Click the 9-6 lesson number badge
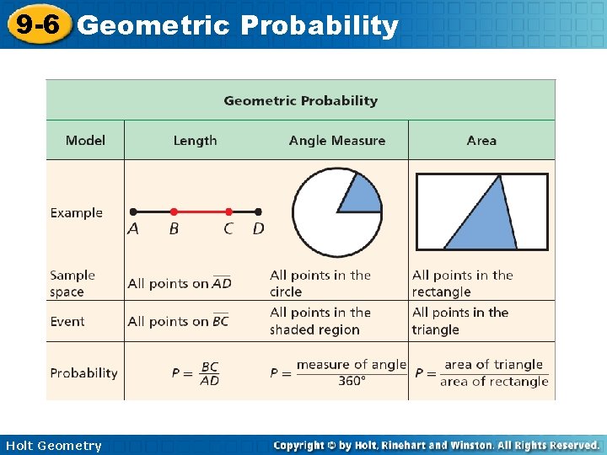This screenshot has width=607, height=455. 35,24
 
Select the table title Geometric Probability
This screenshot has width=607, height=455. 300,100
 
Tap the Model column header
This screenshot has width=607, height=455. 85,141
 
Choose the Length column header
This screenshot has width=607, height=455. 195,141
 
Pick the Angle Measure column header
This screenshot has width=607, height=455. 336,141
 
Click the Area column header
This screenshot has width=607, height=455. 481,141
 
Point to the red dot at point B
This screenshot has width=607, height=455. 174,211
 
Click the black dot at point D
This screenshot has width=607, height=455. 258,211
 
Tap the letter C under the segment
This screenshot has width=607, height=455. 228,229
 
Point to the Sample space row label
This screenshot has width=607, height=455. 73,283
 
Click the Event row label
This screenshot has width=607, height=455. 67,321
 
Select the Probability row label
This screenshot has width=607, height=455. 83,372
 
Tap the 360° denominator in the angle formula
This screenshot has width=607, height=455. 351,381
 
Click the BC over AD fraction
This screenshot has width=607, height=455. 210,373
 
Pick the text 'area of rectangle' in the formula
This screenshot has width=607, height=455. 494,382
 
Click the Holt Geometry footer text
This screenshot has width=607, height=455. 53,446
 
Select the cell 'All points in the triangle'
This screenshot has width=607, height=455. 460,321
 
